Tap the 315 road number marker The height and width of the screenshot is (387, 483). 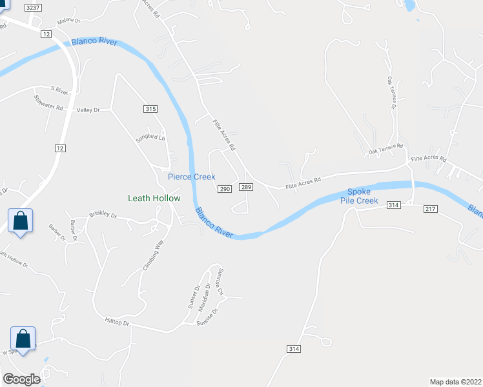click(150, 109)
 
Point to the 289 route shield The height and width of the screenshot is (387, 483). click(245, 187)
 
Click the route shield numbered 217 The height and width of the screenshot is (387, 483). click(431, 208)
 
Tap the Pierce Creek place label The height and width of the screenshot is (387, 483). click(192, 177)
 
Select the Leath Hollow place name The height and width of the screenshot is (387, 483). click(154, 199)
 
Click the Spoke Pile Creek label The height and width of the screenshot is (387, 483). click(362, 196)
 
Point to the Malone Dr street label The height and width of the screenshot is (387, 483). click(68, 21)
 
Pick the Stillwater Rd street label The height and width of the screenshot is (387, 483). click(50, 103)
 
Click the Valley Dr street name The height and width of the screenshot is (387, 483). click(88, 110)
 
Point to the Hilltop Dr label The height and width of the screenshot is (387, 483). click(117, 321)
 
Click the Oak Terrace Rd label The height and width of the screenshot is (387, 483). click(385, 149)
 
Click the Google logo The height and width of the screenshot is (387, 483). click(21, 379)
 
